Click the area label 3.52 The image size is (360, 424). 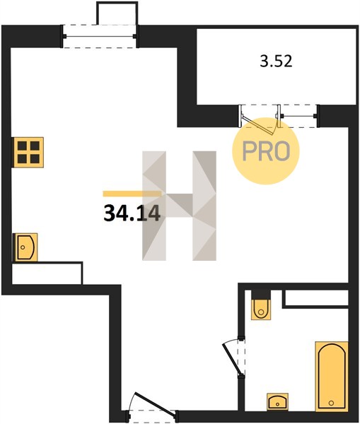pos(276,61)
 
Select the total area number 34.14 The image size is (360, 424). pos(132,213)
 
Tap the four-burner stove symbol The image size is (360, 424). pos(28,152)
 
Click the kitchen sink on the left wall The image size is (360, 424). pos(25,247)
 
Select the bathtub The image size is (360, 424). pos(332,377)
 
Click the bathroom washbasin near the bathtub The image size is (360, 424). pos(277,401)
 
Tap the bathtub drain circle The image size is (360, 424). pos(331,403)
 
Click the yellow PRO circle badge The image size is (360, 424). pos(266,151)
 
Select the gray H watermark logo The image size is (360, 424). pos(179,206)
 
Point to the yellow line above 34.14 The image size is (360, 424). pos(132,194)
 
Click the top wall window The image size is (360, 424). pos(100,36)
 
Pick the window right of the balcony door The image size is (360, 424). pos(298,116)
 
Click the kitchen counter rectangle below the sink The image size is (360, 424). pos(47,273)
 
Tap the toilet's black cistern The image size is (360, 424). pos(261,295)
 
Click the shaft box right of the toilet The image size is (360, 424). pos(315,299)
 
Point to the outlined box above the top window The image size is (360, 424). pos(117,13)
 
